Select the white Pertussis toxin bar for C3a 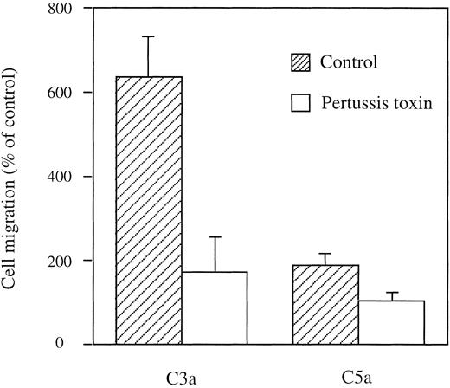click(x=215, y=307)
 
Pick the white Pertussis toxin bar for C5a click(x=391, y=322)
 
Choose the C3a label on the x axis click(x=181, y=378)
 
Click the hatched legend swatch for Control click(x=299, y=62)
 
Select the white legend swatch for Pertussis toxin click(x=299, y=103)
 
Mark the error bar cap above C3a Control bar click(x=149, y=36)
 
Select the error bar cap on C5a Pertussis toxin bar click(x=391, y=293)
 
